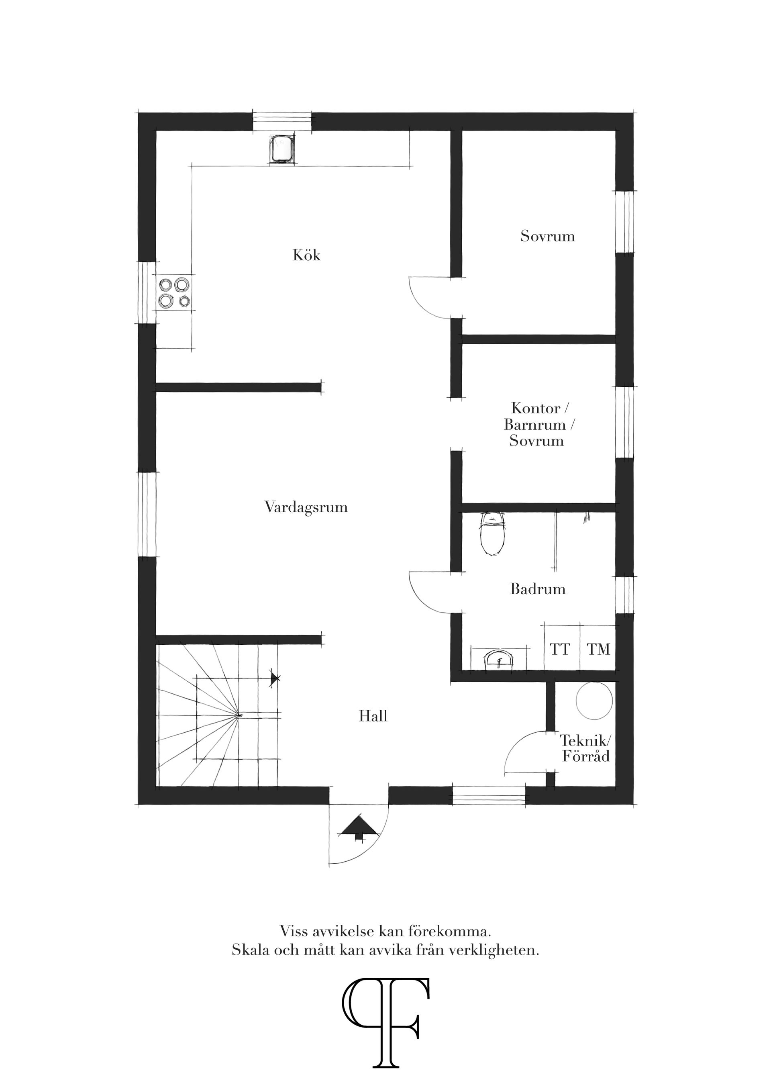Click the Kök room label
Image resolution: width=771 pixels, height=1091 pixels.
coord(306,255)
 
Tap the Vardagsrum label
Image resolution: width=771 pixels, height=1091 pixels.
coord(306,507)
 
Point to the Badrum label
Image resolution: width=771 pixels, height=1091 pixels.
coord(538,589)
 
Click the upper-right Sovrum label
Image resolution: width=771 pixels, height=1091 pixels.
coord(547,236)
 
